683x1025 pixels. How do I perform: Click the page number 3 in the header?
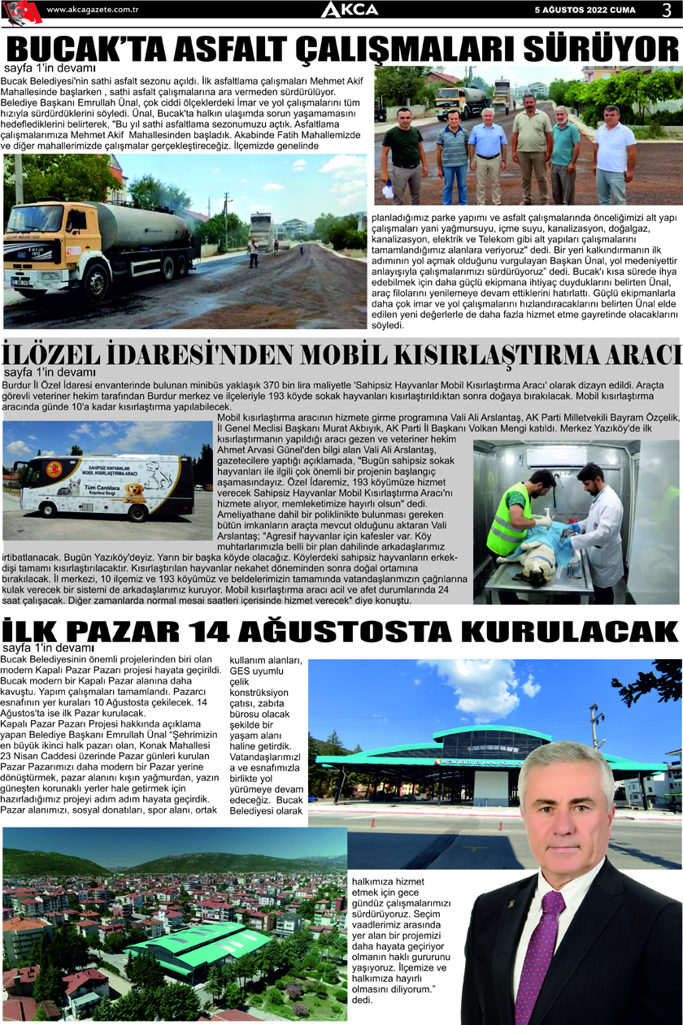[665, 9]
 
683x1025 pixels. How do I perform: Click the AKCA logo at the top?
[349, 10]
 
